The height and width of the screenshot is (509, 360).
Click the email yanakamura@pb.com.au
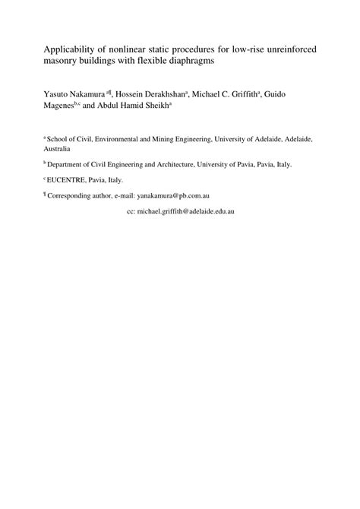(x=173, y=195)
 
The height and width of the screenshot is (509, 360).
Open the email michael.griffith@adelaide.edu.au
(x=185, y=211)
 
